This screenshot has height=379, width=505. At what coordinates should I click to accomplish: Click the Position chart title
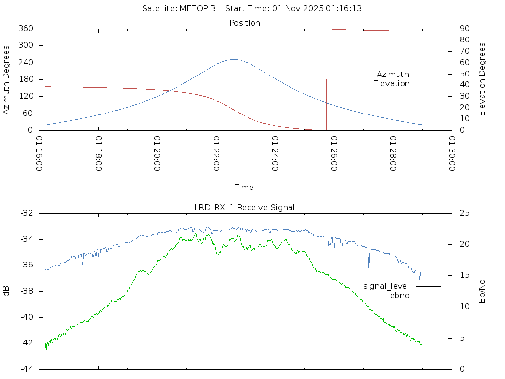point(245,23)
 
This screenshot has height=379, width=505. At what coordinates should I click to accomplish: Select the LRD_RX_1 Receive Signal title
point(245,207)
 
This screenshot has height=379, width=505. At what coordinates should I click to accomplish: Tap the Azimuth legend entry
point(393,75)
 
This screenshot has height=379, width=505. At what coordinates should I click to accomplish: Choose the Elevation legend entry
point(392,84)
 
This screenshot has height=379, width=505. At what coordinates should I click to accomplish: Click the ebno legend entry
point(400,296)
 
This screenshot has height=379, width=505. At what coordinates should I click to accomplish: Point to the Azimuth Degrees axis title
point(7,79)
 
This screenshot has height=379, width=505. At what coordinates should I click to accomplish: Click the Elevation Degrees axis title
point(483,79)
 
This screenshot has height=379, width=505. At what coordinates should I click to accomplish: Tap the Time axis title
point(244,188)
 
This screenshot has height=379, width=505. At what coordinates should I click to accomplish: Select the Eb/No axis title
point(483,291)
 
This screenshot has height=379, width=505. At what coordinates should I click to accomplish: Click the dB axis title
point(7,291)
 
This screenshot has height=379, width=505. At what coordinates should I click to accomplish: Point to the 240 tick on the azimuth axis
point(26,63)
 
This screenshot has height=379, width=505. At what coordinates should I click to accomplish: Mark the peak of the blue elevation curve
point(233,59)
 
